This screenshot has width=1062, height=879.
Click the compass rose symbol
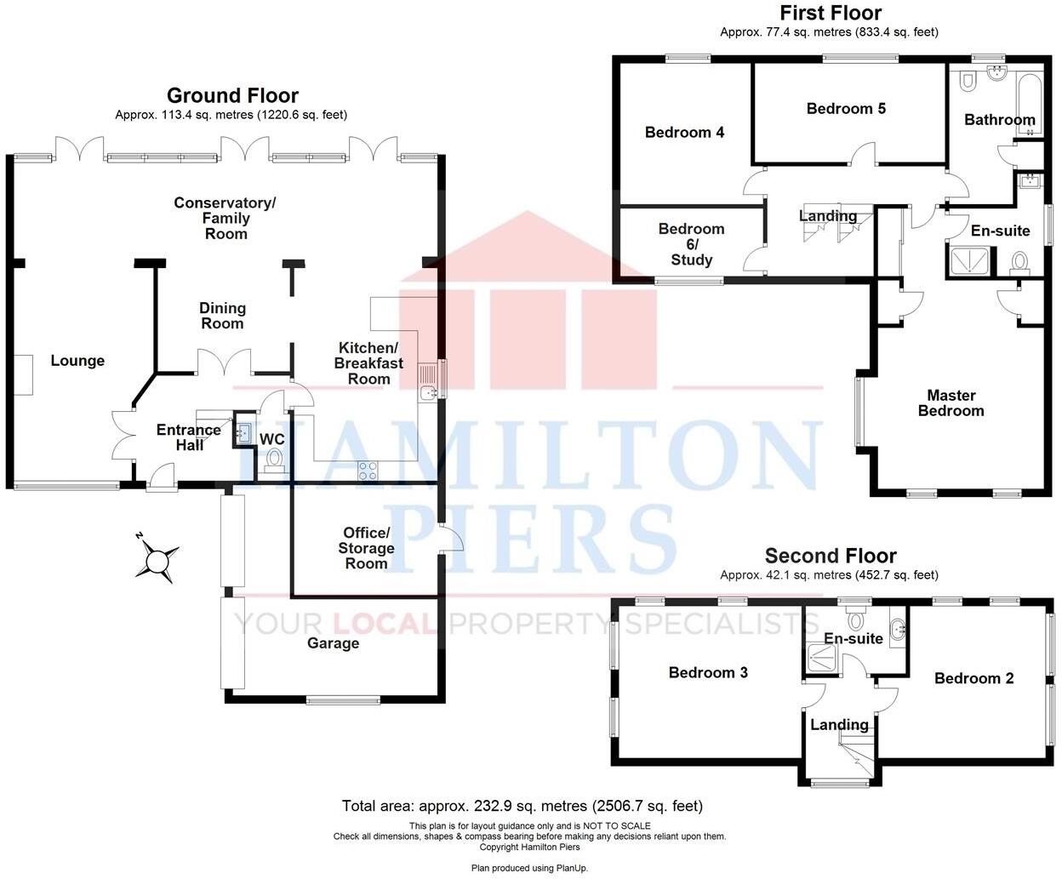[157, 561]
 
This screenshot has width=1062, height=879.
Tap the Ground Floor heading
[232, 95]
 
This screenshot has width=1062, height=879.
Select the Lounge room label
[77, 361]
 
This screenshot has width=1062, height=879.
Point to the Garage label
[333, 643]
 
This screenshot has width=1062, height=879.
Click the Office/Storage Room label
[366, 548]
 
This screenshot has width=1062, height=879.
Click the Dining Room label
[222, 316]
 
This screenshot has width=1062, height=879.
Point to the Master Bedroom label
[951, 403]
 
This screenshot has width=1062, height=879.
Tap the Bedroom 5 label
[846, 109]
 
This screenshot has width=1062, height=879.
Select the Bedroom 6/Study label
[691, 244]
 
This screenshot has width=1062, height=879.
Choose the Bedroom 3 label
[708, 673]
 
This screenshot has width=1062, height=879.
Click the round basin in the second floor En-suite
[898, 631]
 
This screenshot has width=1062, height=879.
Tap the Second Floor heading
[831, 557]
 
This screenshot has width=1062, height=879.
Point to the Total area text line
[522, 806]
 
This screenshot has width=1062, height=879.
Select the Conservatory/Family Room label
[225, 218]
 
